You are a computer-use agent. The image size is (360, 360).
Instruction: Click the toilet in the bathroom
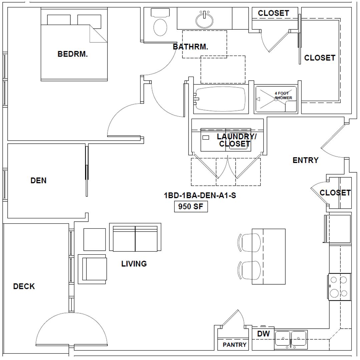tap(160, 23)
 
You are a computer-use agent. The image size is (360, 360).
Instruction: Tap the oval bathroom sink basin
tap(204, 20)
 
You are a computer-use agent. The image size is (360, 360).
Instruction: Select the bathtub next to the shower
tap(221, 99)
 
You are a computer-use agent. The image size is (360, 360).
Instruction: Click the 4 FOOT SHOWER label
tap(283, 96)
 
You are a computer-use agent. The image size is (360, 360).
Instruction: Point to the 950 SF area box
tap(191, 206)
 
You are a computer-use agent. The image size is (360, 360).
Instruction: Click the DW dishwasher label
tap(263, 334)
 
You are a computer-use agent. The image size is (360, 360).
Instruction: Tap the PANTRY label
tap(234, 345)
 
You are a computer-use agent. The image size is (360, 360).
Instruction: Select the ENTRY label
tap(306, 160)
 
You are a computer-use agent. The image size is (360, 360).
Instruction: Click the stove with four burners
tap(339, 287)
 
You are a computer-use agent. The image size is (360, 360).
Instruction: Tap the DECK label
tap(24, 286)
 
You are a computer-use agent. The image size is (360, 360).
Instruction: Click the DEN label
tap(38, 180)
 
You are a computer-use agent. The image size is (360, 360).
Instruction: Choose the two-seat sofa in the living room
tap(135, 237)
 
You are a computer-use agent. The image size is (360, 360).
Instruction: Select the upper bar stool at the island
tap(249, 242)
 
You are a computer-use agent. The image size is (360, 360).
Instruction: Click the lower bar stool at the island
tap(249, 270)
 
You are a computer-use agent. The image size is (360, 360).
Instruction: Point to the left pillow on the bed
tap(59, 20)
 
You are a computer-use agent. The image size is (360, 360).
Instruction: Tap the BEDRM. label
tap(73, 54)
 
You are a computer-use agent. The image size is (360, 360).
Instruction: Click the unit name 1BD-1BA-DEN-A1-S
tap(200, 195)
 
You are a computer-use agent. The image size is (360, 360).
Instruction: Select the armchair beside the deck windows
tap(92, 269)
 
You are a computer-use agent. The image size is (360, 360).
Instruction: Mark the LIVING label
tap(134, 264)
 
